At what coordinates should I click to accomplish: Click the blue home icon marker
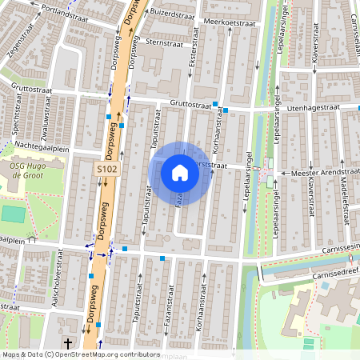tap(180, 172)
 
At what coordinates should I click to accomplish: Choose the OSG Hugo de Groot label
tap(27, 170)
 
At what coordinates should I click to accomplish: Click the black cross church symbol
tap(67, 345)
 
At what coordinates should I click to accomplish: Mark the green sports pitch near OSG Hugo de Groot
tap(12, 214)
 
